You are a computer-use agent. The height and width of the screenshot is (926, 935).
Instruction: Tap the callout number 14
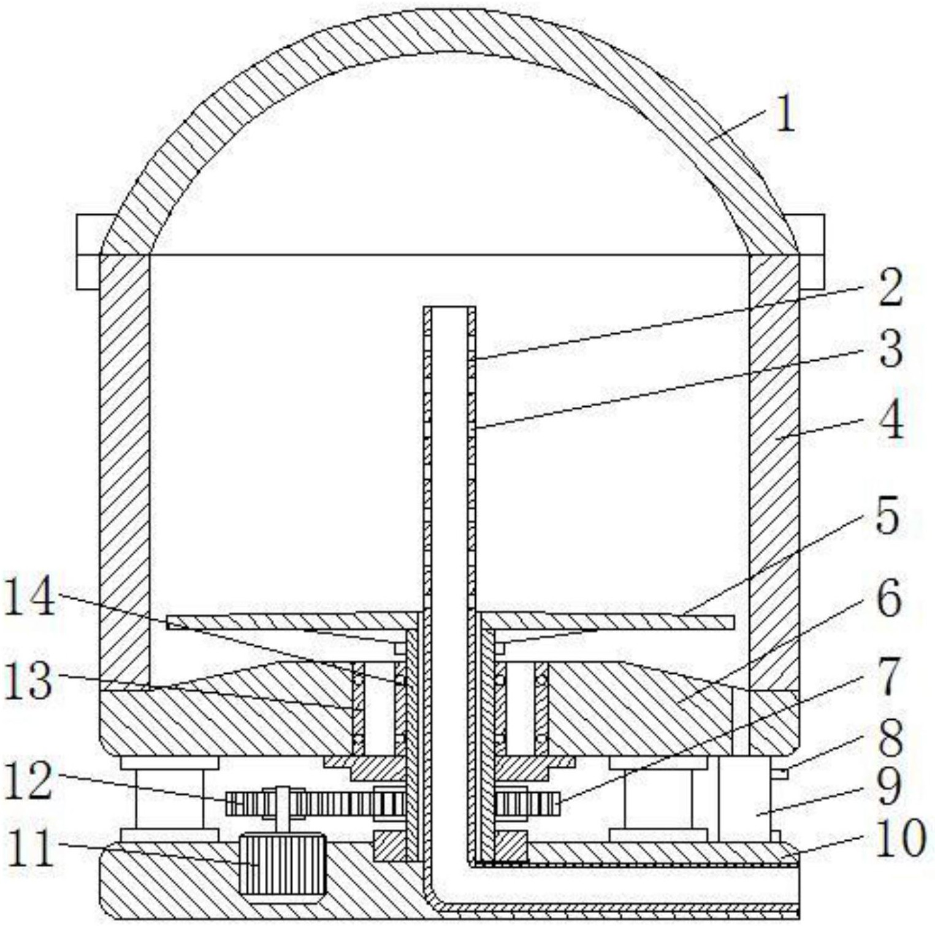click(x=29, y=598)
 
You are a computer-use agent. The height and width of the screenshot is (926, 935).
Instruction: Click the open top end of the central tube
click(x=449, y=309)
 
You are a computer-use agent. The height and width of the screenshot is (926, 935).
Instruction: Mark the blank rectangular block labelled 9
click(x=744, y=798)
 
